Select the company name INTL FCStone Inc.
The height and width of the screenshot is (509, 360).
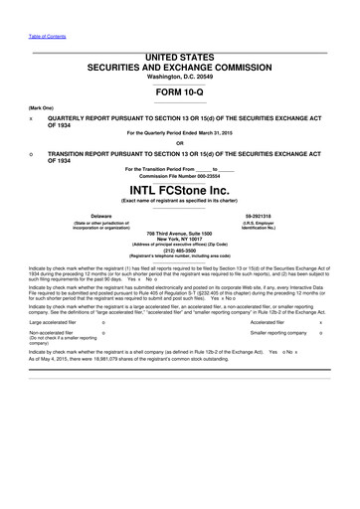tap(179, 189)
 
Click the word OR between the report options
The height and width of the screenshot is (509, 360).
tap(179, 141)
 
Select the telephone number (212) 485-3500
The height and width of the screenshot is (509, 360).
tap(179, 252)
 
